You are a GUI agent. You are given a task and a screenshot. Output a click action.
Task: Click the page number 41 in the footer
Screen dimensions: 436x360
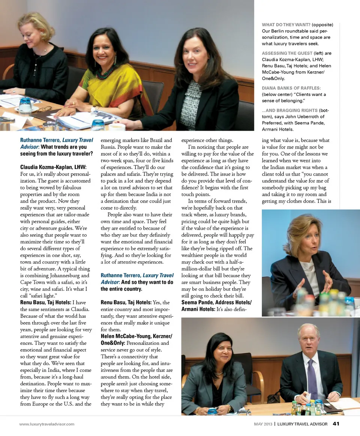[x=336, y=424]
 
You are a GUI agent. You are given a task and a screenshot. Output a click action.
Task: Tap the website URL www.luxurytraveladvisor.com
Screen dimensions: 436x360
[x=47, y=424]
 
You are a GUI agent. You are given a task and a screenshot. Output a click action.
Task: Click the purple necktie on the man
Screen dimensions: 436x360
[x=312, y=379]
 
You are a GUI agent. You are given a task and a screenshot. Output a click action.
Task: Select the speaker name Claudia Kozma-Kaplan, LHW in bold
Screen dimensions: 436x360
[x=53, y=167]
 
